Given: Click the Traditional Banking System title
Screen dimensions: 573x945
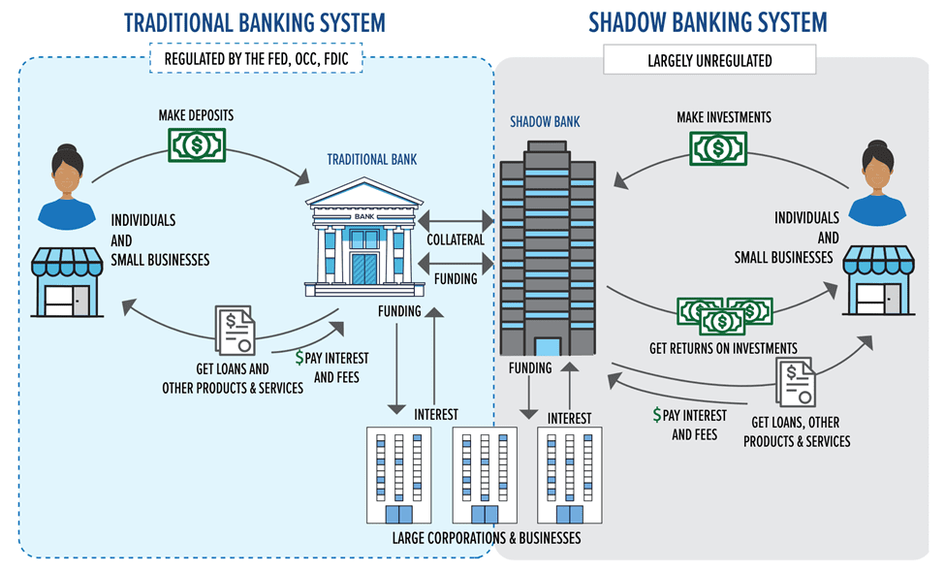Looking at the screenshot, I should click(254, 21).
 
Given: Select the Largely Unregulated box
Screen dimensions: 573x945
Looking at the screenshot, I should click(709, 60).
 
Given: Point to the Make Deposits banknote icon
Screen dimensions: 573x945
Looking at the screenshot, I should click(197, 146).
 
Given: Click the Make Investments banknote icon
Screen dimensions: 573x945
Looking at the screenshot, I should click(717, 148).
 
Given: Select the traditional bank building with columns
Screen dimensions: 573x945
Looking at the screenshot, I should click(363, 239).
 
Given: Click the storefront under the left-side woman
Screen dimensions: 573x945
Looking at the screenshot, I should click(68, 282).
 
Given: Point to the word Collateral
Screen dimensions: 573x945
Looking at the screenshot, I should click(456, 239).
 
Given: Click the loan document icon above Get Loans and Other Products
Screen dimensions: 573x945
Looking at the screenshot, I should click(236, 330).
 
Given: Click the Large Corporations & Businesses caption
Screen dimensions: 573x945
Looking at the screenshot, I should click(486, 537).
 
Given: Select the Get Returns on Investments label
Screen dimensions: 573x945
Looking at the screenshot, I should click(723, 348).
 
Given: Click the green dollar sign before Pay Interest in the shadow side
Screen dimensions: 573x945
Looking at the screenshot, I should click(658, 415).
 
